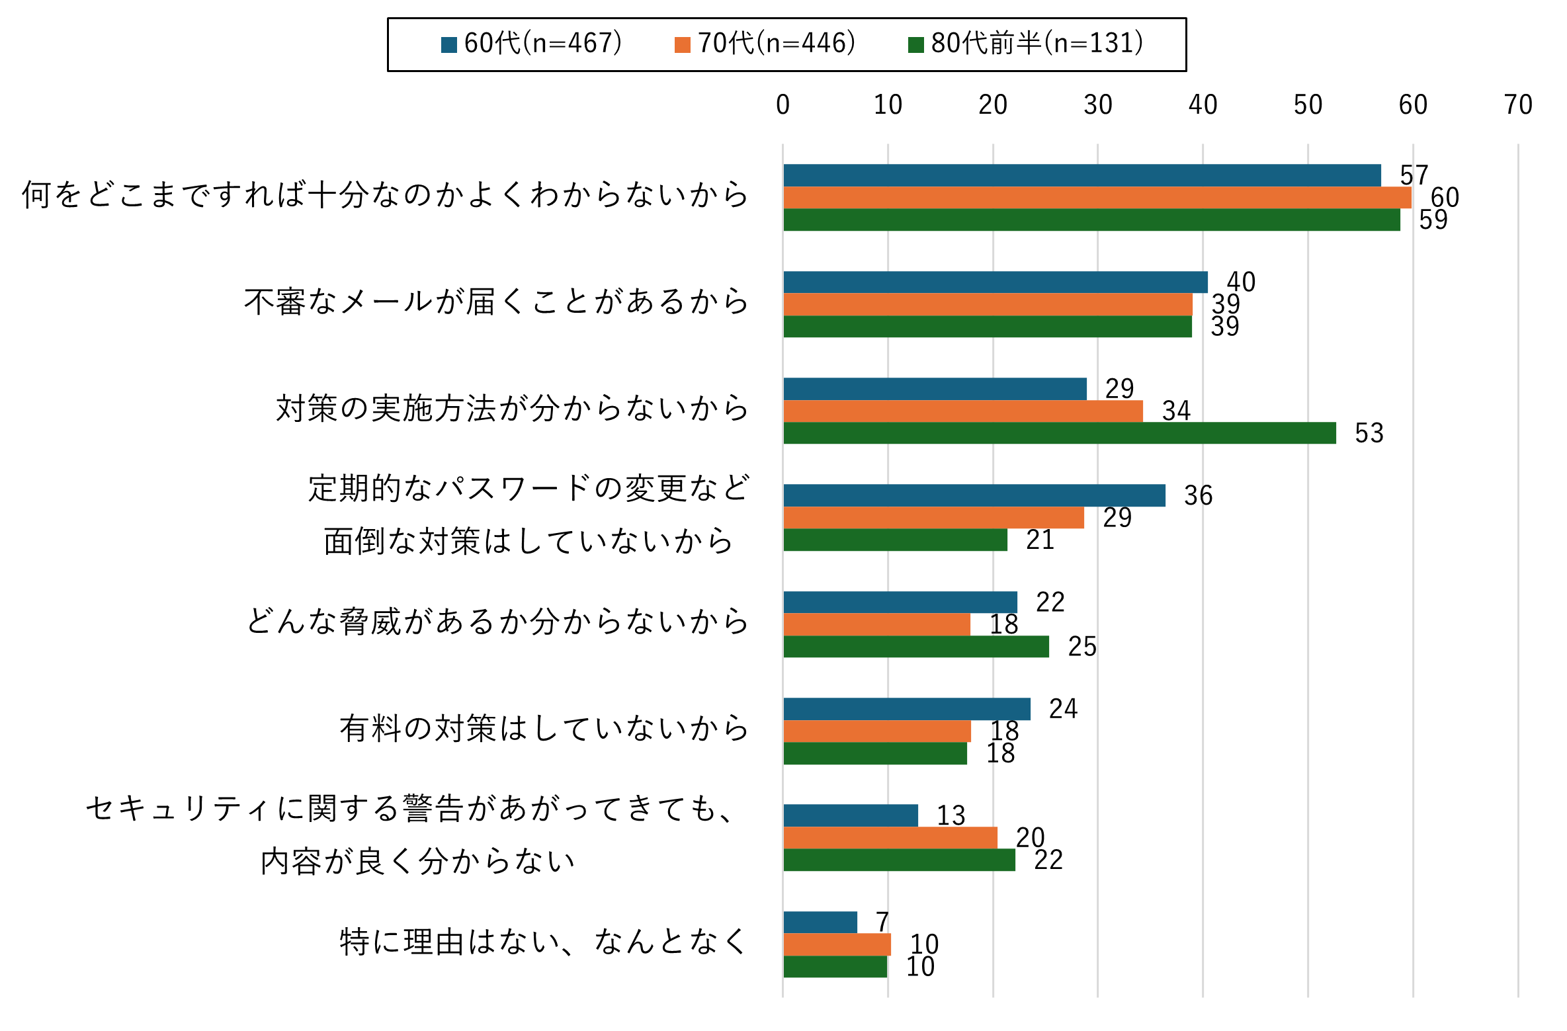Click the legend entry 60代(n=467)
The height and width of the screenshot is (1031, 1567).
coord(532,44)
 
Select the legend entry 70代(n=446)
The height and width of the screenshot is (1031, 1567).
coord(765,44)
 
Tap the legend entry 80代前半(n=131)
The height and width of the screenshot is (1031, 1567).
coord(1026,44)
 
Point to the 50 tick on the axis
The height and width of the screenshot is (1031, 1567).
coord(1308,105)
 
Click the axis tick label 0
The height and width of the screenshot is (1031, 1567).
coord(783,105)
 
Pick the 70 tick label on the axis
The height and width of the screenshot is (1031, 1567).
coord(1517,105)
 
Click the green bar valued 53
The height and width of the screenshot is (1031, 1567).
coord(1059,433)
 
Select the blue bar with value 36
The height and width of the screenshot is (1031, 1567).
coord(974,495)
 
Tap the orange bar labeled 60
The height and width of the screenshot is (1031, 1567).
coord(1097,198)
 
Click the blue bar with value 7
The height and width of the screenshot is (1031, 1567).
coord(820,922)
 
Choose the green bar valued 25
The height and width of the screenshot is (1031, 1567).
coord(916,647)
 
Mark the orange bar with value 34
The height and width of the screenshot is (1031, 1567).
coord(962,411)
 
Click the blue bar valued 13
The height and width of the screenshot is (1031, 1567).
coord(851,815)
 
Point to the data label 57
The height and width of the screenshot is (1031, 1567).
coord(1414,175)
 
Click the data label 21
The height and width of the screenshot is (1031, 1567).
coord(1040,540)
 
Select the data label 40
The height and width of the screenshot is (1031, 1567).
coord(1241,282)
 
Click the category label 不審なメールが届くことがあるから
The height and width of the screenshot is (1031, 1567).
coord(496,302)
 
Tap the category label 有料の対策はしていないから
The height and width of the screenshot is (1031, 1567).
coord(544,729)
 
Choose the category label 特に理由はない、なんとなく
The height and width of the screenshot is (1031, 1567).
coord(544,942)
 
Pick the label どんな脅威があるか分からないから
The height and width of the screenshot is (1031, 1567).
coord(497,622)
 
